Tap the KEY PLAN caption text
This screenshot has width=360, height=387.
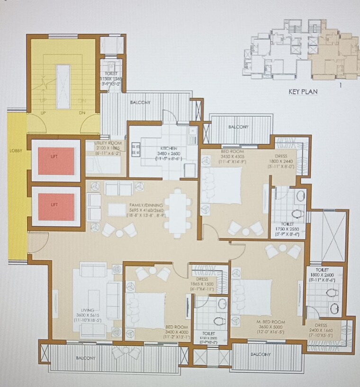(303, 92)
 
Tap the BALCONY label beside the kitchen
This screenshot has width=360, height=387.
(140, 103)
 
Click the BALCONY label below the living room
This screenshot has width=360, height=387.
(85, 358)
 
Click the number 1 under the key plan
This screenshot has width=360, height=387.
(340, 85)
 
